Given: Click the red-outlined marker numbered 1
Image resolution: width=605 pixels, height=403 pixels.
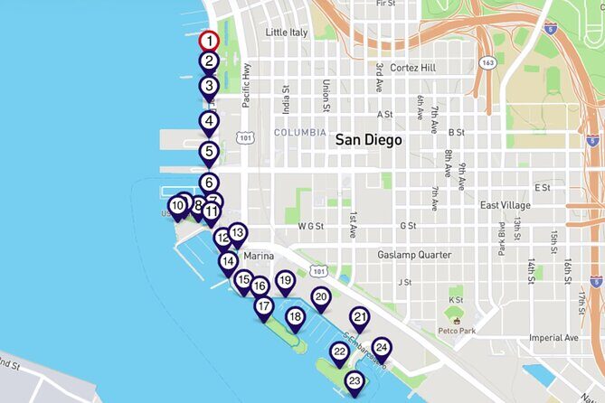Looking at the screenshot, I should (x=210, y=41).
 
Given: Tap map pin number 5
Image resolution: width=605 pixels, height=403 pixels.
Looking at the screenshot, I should (x=210, y=152).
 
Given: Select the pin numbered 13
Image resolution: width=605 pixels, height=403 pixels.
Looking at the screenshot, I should (x=237, y=232).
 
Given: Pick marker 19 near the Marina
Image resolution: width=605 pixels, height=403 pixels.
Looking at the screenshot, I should (x=285, y=281).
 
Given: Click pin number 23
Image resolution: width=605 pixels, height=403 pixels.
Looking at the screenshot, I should (x=354, y=381).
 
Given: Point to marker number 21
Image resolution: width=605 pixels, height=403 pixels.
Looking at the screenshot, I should (x=360, y=317).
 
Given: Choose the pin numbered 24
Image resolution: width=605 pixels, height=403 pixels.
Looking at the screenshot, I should (x=382, y=348).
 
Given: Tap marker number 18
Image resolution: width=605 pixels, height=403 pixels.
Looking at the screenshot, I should (x=295, y=316).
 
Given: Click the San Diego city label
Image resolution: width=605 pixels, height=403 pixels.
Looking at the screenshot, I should (x=368, y=140).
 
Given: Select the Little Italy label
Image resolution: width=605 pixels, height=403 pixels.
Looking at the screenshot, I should (x=287, y=33).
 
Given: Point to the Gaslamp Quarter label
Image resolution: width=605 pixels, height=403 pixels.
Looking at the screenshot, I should (x=414, y=255).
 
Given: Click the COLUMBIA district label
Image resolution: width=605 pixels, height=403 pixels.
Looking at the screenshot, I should (x=299, y=132).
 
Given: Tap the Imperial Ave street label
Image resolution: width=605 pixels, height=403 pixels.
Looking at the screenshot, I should (x=553, y=337).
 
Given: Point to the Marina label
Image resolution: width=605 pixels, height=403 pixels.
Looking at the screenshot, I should (x=258, y=256).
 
